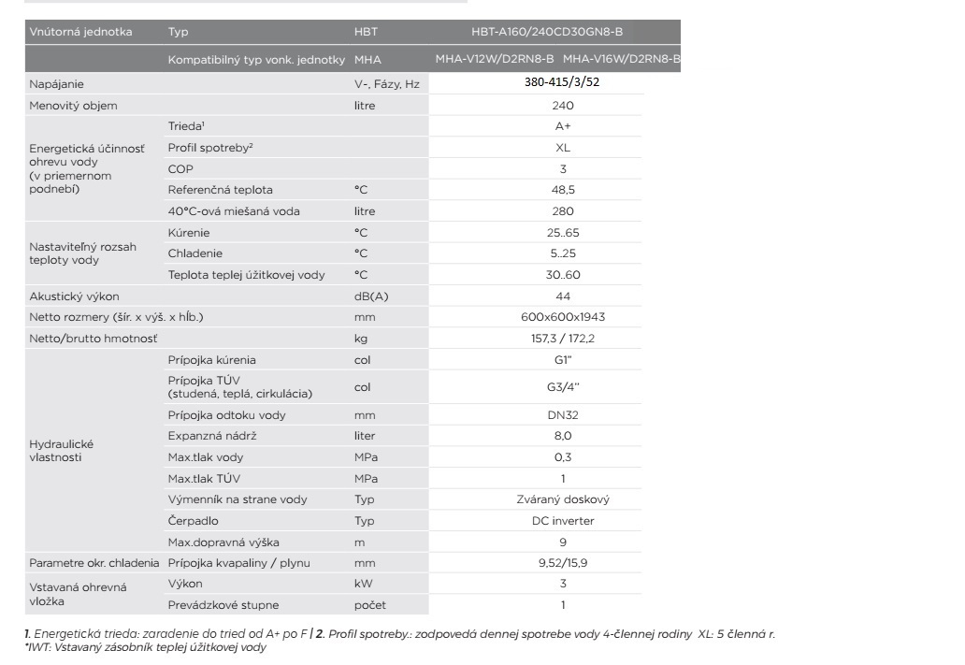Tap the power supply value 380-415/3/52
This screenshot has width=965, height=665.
tap(562, 83)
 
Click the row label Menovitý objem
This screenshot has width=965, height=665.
tap(73, 106)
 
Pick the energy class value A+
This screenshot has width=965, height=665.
tap(562, 127)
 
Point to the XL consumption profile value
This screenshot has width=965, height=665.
tap(562, 148)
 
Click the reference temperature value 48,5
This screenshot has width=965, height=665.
tap(562, 190)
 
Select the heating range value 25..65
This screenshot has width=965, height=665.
tap(562, 232)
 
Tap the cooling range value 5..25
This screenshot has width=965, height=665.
tap(562, 253)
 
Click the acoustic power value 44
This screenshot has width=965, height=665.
tap(562, 296)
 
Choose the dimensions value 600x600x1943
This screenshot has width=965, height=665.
tap(562, 317)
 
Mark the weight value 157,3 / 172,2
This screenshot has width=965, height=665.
tap(562, 338)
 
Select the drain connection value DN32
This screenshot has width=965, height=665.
tap(562, 414)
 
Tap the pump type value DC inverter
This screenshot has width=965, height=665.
tap(562, 520)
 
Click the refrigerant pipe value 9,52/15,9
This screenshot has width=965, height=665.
tap(562, 562)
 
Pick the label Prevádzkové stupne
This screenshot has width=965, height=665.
tap(223, 604)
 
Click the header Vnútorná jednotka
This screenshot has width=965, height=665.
tap(81, 32)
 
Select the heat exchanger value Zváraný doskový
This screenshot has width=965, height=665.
tap(562, 499)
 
